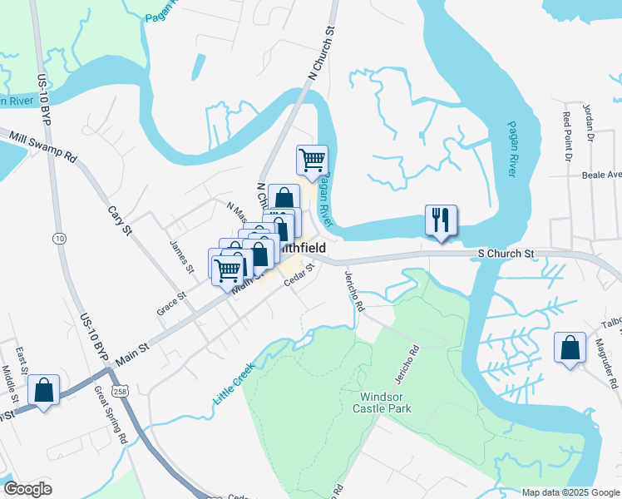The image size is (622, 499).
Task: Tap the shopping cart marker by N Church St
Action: coord(312,160)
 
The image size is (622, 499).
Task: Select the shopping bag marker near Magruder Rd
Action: coord(570,348)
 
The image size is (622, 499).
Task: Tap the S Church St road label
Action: coord(505,252)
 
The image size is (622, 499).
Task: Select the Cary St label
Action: coord(121,219)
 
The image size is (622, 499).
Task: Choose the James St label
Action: coord(181,258)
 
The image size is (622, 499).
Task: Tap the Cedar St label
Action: coord(300,275)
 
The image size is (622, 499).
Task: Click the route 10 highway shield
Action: coord(58,239)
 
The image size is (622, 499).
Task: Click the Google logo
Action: coord(27,489)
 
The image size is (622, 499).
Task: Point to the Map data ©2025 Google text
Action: coord(570,492)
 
